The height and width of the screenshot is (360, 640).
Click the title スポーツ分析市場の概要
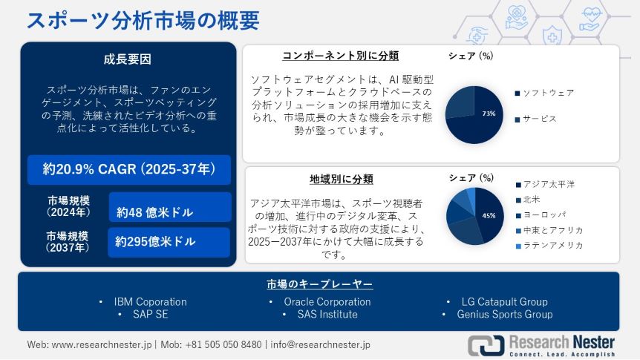pos(143,20)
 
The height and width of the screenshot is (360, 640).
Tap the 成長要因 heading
pos(128,59)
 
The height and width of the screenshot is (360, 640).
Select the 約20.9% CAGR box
pos(129,169)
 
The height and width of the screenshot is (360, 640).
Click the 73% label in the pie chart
pos(489,114)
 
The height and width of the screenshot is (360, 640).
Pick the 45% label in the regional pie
pos(489,215)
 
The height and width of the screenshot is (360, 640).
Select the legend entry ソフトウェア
pos(544,93)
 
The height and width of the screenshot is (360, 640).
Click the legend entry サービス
pos(536,119)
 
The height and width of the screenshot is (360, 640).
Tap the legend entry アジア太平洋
pos(545,185)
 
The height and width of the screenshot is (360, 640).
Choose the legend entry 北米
pos(528,200)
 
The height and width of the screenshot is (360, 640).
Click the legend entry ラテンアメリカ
pos(549,246)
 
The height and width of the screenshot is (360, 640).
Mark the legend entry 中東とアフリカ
pos(549,230)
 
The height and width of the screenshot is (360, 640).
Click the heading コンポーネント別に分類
pos(340,56)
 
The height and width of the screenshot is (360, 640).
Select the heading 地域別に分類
pos(342,179)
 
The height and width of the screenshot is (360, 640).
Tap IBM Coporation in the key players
pos(150,302)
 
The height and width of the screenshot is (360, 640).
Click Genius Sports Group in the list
pos(504,314)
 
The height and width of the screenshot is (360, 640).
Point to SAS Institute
pos(327,314)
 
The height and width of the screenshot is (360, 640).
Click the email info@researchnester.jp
pos(321,344)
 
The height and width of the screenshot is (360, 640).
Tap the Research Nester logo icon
pos(486,345)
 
